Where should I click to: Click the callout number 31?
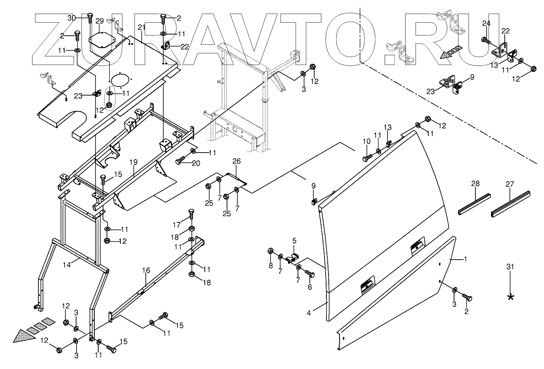[510, 267]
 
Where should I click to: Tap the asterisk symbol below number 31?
[510, 297]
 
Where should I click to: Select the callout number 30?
[71, 18]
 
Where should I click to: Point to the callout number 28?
[475, 184]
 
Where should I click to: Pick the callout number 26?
[237, 161]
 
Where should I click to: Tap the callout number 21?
[141, 27]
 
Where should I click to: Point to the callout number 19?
[133, 162]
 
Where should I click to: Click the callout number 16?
[146, 270]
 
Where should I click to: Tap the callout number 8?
[271, 266]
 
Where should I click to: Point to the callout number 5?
[294, 240]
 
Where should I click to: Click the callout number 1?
[465, 259]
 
